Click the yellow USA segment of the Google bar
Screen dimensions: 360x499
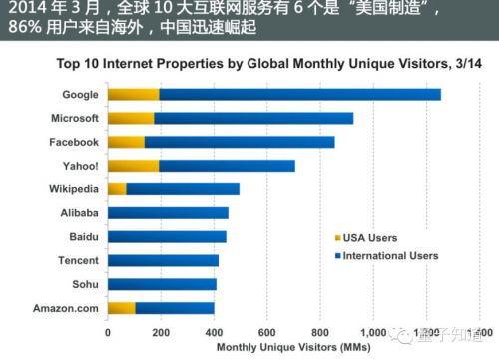coord(133,95)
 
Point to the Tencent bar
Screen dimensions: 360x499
coord(163,260)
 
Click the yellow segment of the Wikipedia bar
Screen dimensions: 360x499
coord(117,189)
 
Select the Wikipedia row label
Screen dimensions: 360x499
coord(72,189)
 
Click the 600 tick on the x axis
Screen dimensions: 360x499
coord(266,332)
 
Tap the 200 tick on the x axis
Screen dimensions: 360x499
coord(160,332)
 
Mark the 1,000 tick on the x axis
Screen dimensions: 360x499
coord(372,332)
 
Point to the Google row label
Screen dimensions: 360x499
coord(79,95)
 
